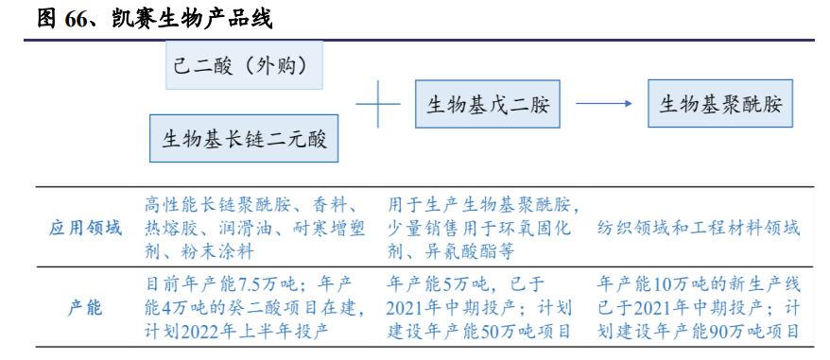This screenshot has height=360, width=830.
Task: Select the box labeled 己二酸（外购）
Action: coord(243,65)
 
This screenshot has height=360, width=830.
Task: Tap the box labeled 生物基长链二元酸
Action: coord(244,139)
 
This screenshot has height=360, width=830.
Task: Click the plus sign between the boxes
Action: coord(378,103)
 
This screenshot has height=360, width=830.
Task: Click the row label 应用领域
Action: coord(86,229)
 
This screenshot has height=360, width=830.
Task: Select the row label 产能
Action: coord(86,308)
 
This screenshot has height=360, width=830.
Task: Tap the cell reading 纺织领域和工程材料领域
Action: coord(698,229)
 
